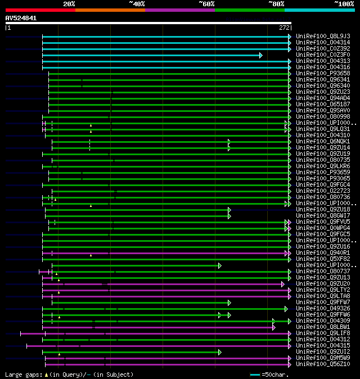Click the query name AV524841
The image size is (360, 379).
tap(21, 18)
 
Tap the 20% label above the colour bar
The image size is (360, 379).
tap(69, 3)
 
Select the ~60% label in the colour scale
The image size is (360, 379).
tap(206, 3)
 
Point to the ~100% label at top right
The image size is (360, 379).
tap(344, 3)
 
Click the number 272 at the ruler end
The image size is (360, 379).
tap(284, 27)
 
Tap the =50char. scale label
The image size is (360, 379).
tap(276, 375)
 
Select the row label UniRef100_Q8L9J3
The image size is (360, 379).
tap(323, 36)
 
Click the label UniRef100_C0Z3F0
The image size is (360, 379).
tap(323, 55)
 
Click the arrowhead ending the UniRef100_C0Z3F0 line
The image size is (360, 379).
tap(260, 55)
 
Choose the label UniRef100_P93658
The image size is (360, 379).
tap(323, 73)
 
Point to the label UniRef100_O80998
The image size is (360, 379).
tap(323, 116)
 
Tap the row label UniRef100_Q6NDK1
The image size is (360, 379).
tap(323, 141)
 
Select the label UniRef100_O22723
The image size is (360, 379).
tap(323, 191)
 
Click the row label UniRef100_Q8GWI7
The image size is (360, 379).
tap(323, 215)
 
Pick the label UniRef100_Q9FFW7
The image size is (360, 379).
tap(323, 302)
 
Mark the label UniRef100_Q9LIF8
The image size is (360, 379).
tap(323, 333)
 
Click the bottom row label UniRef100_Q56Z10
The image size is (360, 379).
tap(323, 364)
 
